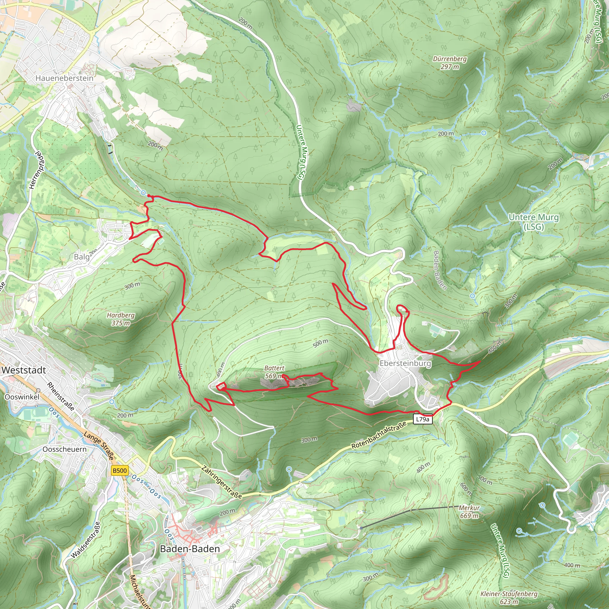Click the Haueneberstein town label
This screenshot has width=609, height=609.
[x=64, y=78]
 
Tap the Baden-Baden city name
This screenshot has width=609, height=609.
[x=190, y=549]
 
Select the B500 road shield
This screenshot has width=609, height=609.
[x=120, y=471]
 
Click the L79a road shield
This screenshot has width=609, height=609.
[x=422, y=419]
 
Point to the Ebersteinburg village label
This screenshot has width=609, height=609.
[x=405, y=363]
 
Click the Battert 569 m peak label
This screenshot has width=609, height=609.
[x=274, y=372]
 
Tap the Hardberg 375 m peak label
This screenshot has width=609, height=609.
[x=120, y=319]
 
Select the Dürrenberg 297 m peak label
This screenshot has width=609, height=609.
[x=450, y=62]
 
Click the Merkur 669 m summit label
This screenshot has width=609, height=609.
[x=469, y=511]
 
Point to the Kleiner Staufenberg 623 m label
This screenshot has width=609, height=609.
[x=509, y=597]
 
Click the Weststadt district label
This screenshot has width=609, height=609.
[x=24, y=370]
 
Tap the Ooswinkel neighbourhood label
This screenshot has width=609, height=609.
[x=22, y=397]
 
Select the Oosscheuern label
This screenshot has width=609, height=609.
[x=65, y=449]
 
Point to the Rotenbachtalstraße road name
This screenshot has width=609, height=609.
[x=379, y=436]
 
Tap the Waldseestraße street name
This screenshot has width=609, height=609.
[x=86, y=540]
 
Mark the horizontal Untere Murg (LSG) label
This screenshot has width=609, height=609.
[x=534, y=222]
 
